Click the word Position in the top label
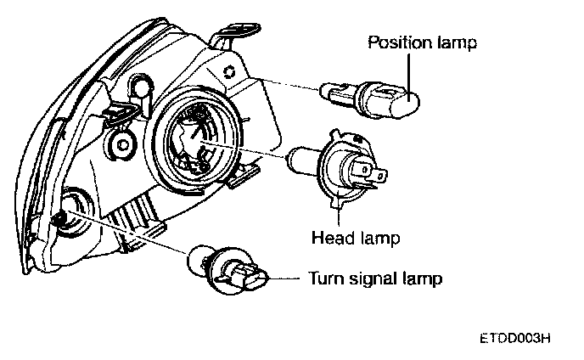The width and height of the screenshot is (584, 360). tap(396, 42)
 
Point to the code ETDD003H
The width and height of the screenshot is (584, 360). tap(514, 337)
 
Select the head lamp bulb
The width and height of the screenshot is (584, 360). tap(340, 167)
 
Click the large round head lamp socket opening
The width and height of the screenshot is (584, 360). tap(195, 141)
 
